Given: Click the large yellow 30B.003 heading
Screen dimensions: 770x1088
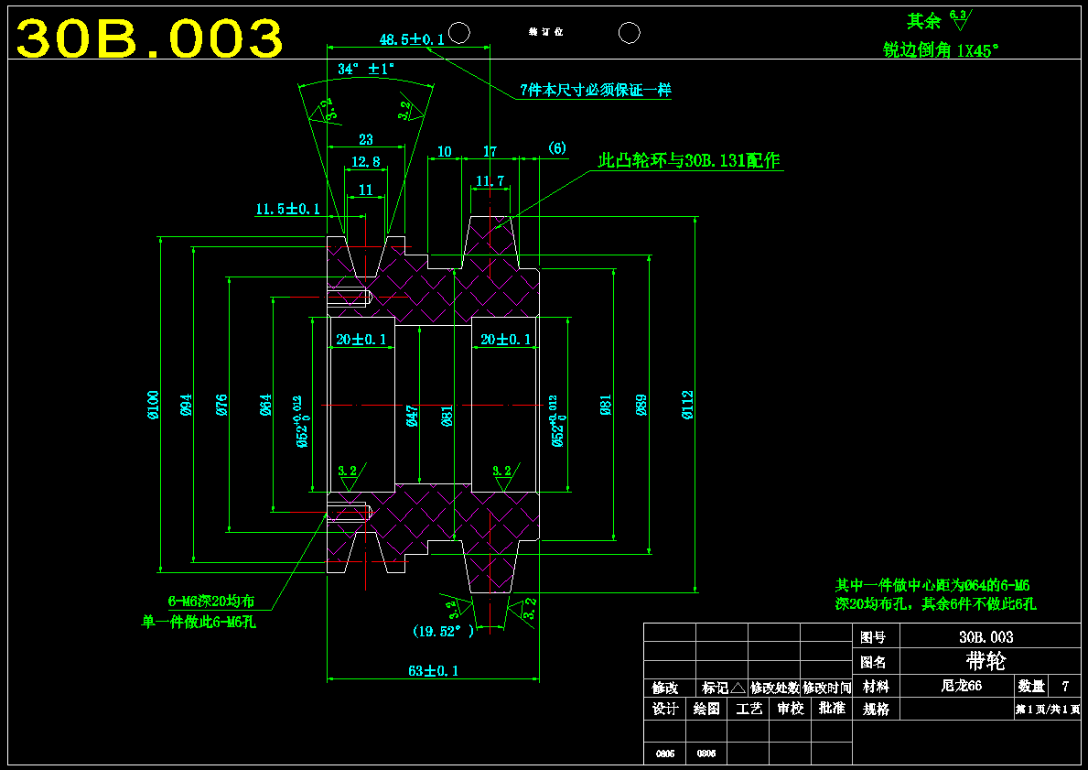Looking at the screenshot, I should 150,38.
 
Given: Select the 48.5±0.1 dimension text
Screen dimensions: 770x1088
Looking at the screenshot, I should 412,39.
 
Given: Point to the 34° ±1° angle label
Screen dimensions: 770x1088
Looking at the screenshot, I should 365,69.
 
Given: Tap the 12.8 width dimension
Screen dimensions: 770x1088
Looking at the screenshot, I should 365,162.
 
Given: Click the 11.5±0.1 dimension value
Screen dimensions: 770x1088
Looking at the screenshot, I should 287,210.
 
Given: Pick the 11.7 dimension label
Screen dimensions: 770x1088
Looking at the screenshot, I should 490,181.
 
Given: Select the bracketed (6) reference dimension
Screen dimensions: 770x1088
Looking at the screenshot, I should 557,148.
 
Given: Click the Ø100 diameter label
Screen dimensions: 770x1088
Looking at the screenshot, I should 154,404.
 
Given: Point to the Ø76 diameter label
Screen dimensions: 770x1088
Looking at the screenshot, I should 222,404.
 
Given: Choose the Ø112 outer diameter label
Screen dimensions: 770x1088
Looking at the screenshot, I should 688,404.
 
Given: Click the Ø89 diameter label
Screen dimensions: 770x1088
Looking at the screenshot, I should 641,404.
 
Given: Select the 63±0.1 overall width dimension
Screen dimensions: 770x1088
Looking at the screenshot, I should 433,670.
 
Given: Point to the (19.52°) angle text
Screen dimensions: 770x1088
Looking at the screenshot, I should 444,631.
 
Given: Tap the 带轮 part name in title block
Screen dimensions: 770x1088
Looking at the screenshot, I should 985,661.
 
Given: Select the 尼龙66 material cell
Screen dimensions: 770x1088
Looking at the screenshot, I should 961,685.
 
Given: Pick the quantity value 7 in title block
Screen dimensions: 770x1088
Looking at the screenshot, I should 1064,685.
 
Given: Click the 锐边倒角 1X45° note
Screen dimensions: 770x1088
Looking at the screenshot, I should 939,51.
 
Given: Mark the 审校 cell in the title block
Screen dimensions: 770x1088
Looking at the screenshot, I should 791,709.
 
